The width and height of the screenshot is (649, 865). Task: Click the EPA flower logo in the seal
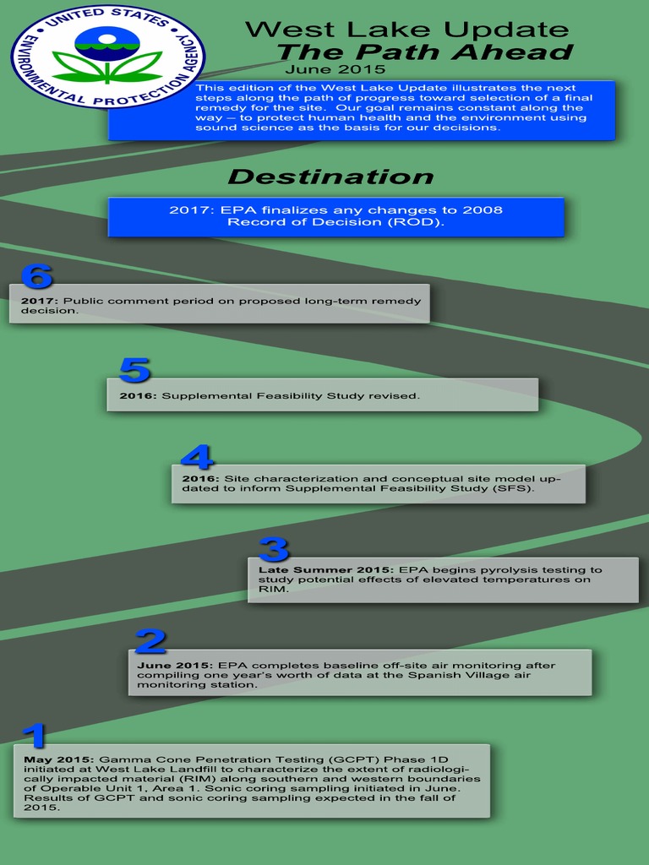107,54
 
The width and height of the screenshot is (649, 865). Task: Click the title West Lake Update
406,30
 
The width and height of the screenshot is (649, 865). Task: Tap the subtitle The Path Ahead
424,52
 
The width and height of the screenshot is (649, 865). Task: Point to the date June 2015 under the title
335,69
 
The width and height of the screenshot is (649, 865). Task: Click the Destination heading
330,177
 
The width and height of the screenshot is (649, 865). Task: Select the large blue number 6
36,276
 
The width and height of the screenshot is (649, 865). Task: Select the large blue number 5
134,370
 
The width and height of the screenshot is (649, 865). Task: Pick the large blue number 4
196,457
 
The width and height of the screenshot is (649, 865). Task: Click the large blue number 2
150,641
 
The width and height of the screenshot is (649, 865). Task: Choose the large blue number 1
34,735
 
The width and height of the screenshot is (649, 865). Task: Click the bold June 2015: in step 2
175,666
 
